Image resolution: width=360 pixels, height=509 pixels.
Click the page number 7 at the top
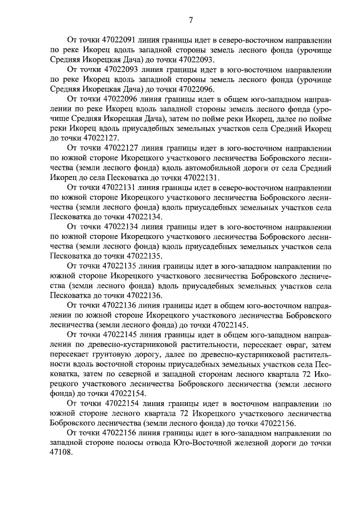[190, 21]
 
